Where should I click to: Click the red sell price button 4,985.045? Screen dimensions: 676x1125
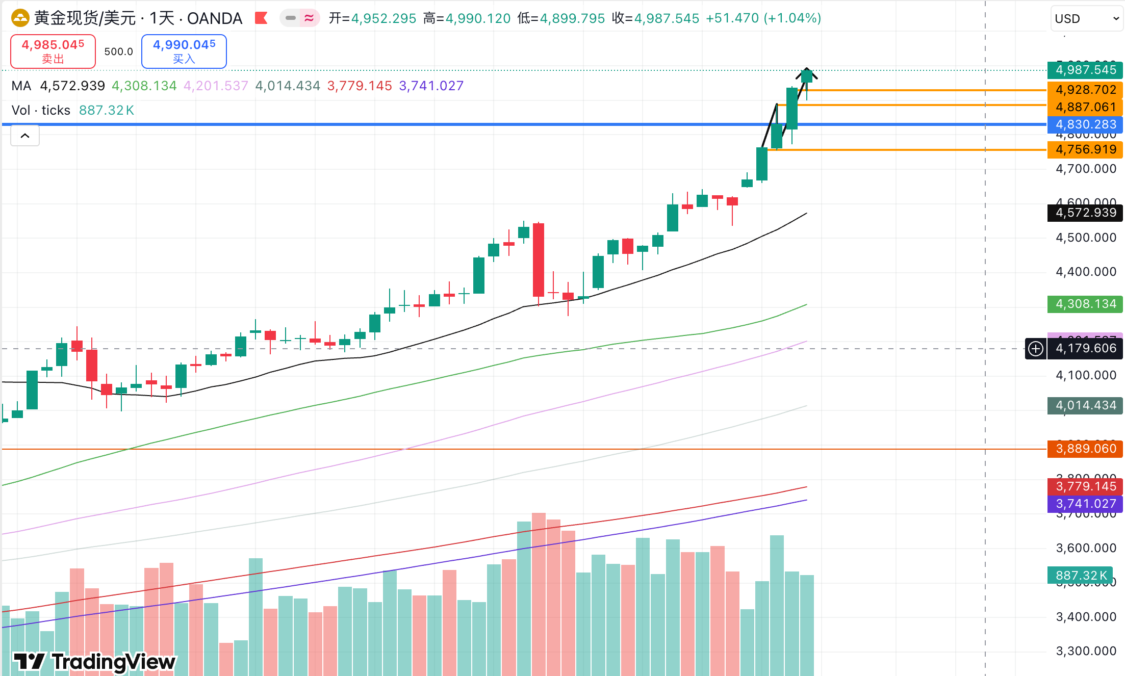click(53, 51)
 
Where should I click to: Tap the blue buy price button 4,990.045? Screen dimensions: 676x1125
click(184, 51)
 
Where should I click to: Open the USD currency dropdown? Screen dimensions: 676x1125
click(1086, 19)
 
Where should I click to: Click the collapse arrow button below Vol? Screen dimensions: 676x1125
click(25, 136)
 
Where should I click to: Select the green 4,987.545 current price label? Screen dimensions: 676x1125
click(1085, 70)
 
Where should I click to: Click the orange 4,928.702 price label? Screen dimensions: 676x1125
click(1085, 90)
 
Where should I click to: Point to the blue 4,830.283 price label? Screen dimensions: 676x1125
click(1085, 124)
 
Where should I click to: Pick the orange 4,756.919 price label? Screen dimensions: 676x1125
click(1085, 149)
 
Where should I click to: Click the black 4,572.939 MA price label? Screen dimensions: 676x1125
click(1085, 213)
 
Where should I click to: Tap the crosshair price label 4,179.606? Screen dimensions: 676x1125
click(1085, 348)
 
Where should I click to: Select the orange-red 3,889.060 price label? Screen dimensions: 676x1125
click(1085, 449)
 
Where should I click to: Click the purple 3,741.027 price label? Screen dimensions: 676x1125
click(1085, 504)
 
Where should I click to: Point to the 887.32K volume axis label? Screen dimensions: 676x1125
click(1080, 576)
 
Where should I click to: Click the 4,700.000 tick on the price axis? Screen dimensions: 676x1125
click(1086, 169)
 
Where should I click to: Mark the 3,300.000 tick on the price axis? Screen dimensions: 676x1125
click(1086, 651)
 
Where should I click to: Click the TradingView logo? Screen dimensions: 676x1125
click(95, 662)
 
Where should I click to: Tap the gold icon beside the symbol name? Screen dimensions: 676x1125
click(20, 18)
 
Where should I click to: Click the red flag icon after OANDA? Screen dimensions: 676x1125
click(261, 18)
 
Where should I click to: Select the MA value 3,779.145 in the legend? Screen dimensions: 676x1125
click(360, 86)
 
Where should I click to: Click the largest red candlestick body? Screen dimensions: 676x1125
click(539, 259)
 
